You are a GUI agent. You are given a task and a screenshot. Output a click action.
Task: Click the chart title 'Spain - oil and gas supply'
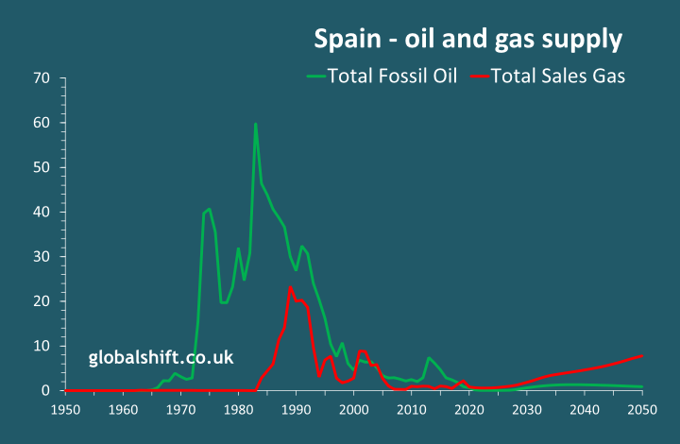[x=467, y=40]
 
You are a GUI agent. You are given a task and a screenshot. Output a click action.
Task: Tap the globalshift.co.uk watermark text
[x=161, y=358]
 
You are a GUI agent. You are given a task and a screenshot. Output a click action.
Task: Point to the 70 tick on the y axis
[x=41, y=78]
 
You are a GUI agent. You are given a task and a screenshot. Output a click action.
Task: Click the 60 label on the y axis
[x=41, y=123]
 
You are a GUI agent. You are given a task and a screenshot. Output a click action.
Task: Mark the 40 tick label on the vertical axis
[x=41, y=212]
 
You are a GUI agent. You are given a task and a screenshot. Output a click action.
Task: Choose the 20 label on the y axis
[x=41, y=301]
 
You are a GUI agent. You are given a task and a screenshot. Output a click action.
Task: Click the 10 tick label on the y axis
[x=41, y=346]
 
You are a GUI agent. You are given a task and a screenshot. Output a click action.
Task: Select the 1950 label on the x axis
[x=64, y=409]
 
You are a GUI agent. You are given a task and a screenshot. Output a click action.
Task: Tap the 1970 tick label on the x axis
[x=180, y=409]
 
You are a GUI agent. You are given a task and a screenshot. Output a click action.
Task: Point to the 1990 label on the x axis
[x=296, y=409]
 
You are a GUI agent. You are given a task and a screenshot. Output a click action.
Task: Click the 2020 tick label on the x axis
[x=468, y=409]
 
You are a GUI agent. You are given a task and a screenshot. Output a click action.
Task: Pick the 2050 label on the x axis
[x=642, y=409]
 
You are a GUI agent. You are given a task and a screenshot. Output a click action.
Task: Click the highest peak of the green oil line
[x=255, y=124]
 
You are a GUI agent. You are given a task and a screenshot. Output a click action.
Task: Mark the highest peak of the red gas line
[x=290, y=287]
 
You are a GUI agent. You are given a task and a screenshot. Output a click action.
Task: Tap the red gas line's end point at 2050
[x=642, y=355]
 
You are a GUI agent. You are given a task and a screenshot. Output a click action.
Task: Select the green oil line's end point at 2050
[x=642, y=386]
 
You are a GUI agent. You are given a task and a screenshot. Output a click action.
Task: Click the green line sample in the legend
[x=316, y=77]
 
